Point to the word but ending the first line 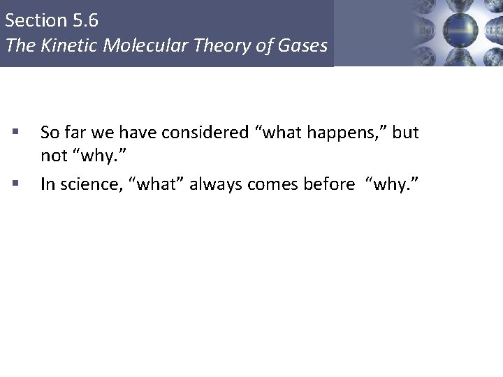click(406, 132)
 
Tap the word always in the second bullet click(212, 184)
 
